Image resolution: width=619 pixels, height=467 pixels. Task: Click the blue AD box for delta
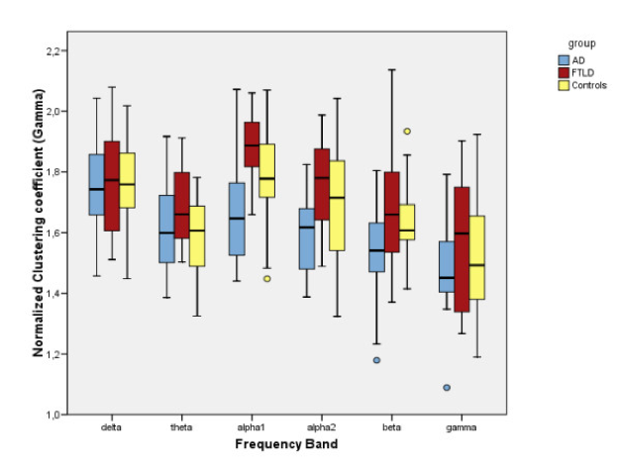(x=96, y=185)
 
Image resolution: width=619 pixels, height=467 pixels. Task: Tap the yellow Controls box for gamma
(x=477, y=257)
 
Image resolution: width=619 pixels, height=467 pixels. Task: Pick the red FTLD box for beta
(x=392, y=213)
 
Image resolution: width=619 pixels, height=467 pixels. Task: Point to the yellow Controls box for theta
(x=196, y=235)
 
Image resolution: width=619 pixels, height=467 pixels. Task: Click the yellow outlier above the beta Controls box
(x=407, y=131)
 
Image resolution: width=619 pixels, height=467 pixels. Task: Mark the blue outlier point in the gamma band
(x=448, y=388)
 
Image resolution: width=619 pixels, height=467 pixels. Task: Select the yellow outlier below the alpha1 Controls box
(x=266, y=279)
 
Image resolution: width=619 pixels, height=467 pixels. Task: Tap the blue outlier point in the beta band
(x=377, y=360)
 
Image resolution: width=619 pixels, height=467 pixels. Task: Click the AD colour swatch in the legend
(x=561, y=60)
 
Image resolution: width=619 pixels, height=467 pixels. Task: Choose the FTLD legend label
(x=581, y=73)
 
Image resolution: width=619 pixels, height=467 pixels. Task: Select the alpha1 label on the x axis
(x=252, y=428)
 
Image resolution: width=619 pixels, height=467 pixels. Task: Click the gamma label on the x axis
(x=463, y=428)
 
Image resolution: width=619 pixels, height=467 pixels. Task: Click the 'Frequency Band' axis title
(x=287, y=444)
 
